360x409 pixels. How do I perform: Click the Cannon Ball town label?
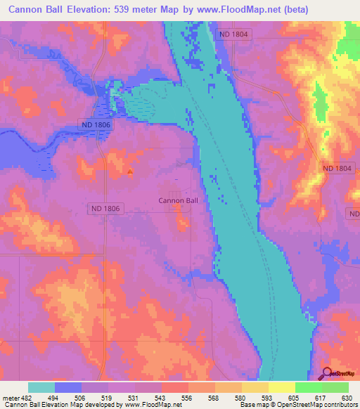179,200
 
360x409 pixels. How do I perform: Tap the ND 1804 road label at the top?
234,34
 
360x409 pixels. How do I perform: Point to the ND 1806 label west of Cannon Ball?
106,209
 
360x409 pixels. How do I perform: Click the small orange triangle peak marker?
130,171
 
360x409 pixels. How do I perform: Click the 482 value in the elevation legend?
28,397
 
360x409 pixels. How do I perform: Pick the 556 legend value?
188,397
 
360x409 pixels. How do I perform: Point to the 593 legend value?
267,397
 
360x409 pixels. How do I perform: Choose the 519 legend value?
108,397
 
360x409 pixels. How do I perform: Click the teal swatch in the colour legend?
41,387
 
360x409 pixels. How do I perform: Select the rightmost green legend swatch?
335,387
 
